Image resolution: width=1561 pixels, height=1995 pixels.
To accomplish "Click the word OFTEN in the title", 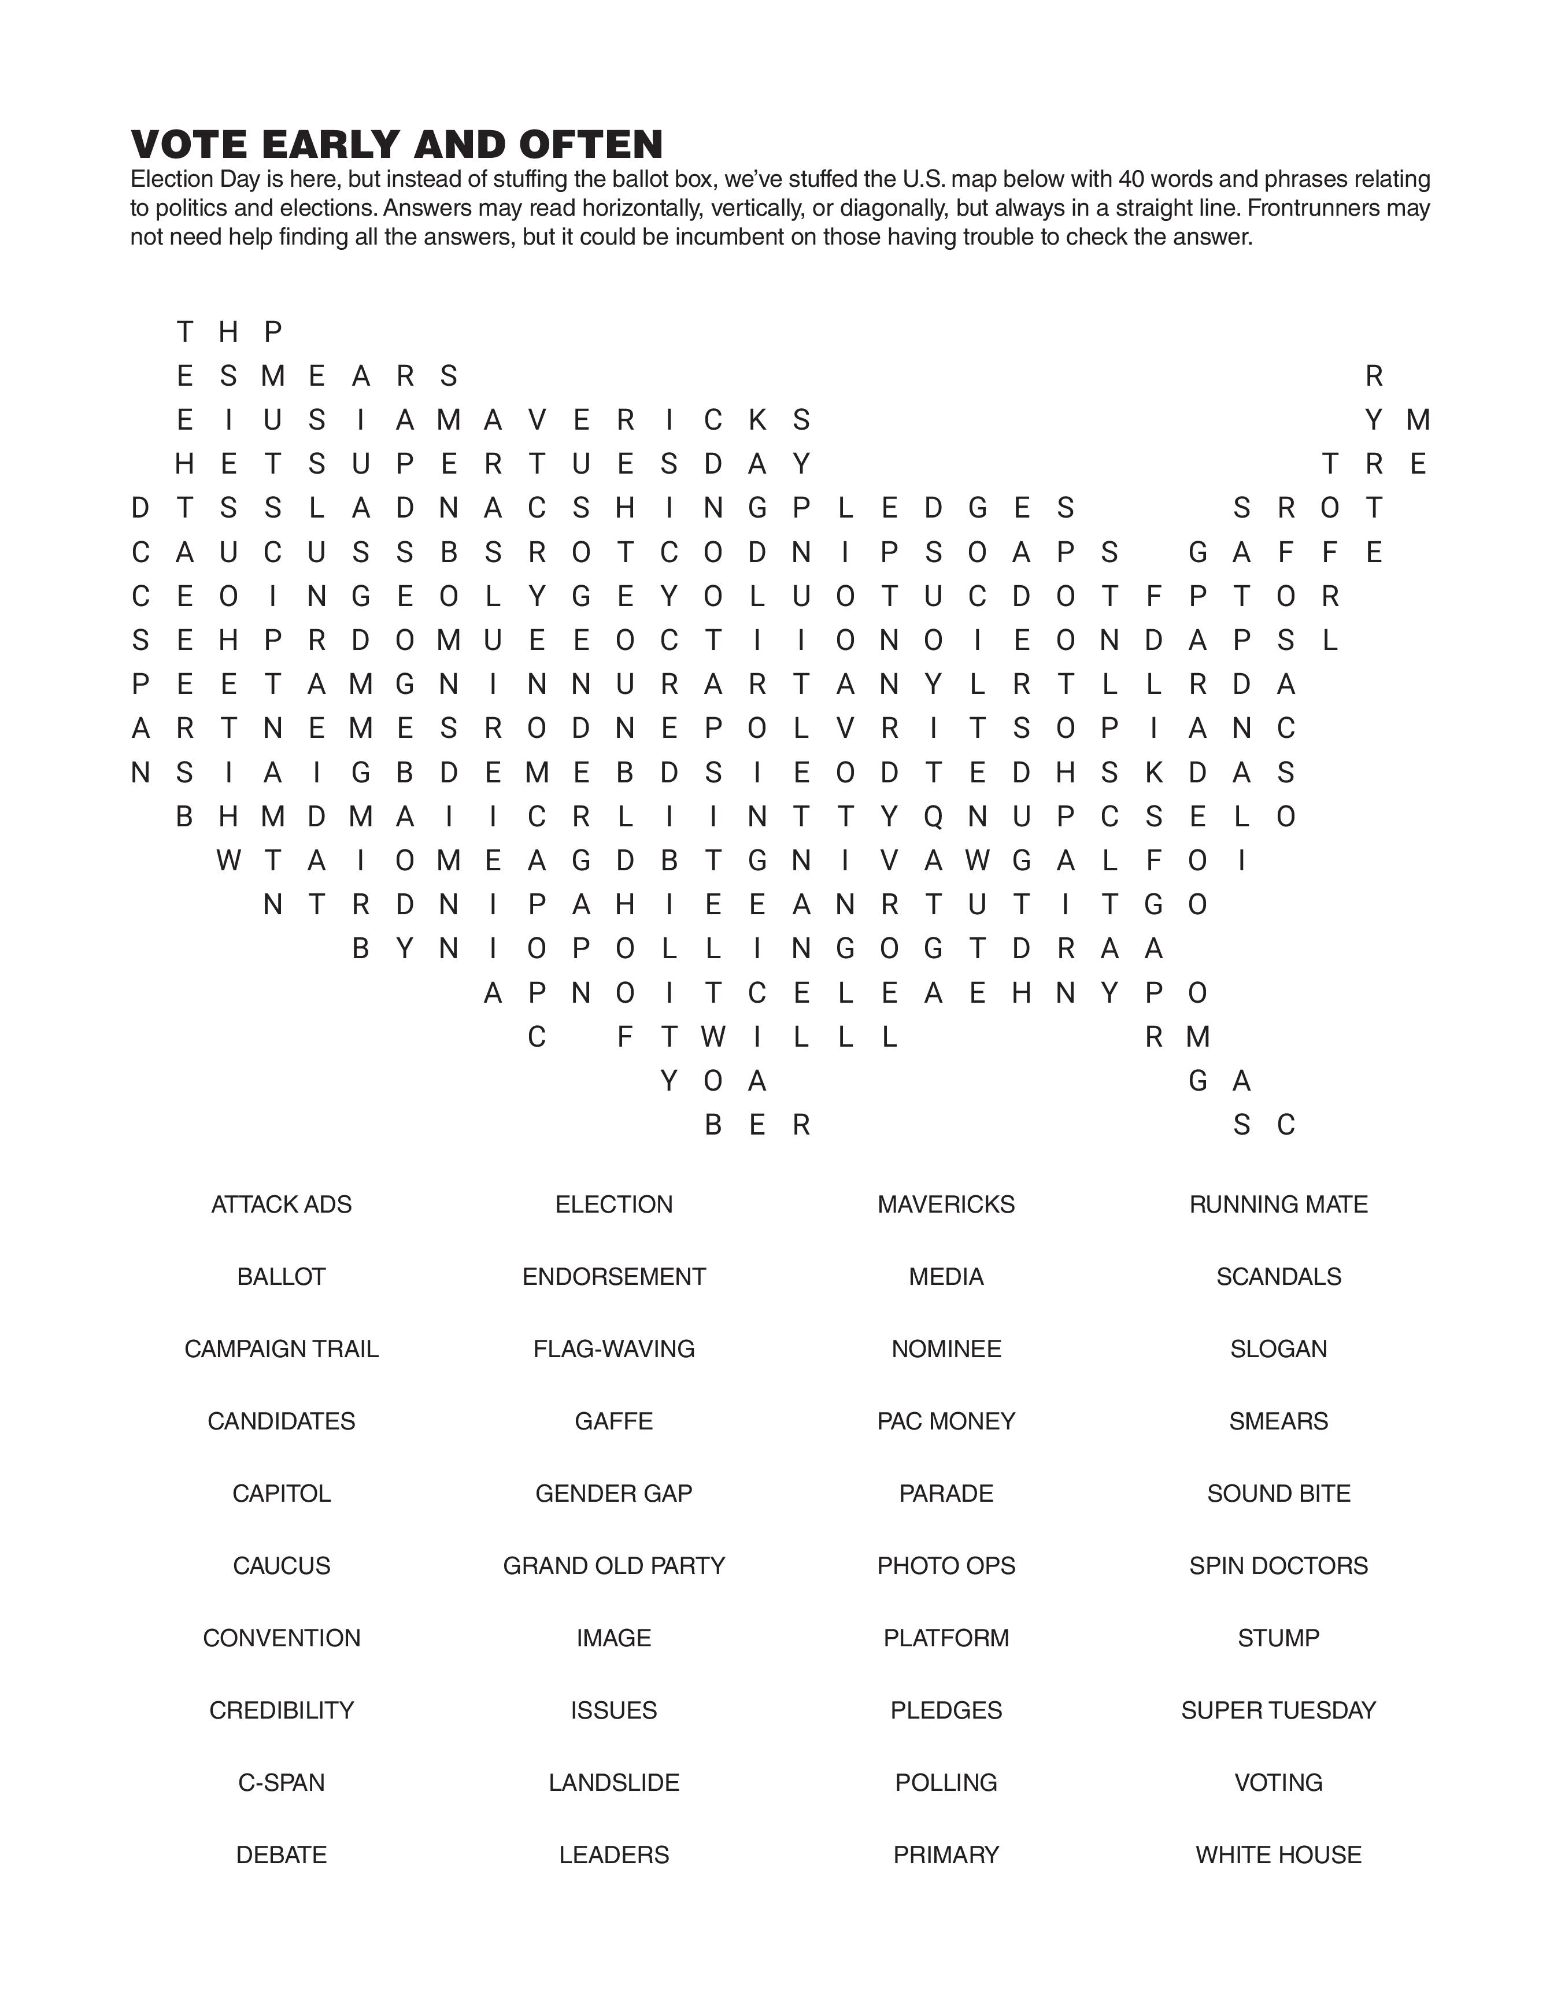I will [x=591, y=145].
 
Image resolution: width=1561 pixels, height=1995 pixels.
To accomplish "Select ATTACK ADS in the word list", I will [x=282, y=1205].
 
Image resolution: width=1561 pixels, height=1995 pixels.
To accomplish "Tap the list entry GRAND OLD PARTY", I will [x=614, y=1565].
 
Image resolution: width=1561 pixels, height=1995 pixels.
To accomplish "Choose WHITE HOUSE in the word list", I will [x=1279, y=1854].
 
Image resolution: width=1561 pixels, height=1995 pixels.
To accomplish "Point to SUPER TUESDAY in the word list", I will [x=1279, y=1710].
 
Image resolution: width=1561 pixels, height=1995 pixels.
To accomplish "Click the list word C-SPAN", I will [x=282, y=1782].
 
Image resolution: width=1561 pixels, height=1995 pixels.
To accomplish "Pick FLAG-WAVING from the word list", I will [x=614, y=1349].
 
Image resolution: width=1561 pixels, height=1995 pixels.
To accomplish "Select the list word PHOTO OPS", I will [x=946, y=1565].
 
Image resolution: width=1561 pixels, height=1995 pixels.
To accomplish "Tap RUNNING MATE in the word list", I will [x=1279, y=1205].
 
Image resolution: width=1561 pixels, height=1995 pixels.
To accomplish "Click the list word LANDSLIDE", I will [x=614, y=1782].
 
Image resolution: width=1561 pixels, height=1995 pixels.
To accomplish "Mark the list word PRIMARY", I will [x=946, y=1854].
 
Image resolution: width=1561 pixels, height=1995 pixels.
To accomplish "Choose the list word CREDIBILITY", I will [x=282, y=1710].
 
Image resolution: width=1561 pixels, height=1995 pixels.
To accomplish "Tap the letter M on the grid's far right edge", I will [x=1418, y=419].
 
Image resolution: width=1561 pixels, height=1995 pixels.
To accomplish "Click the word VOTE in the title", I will [x=189, y=145].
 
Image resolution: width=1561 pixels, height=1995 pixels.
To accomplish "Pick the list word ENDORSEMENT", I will [x=614, y=1277].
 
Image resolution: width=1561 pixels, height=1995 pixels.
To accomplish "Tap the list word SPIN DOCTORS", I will [x=1279, y=1565].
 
